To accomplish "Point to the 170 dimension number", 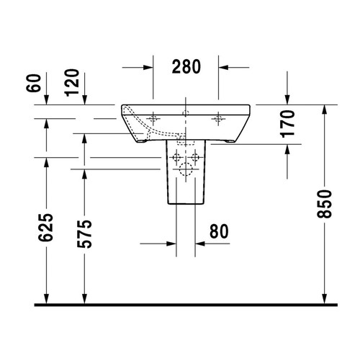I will pyautogui.click(x=287, y=123).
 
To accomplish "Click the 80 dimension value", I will pyautogui.click(x=220, y=231).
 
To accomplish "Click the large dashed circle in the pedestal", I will pyautogui.click(x=186, y=171).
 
